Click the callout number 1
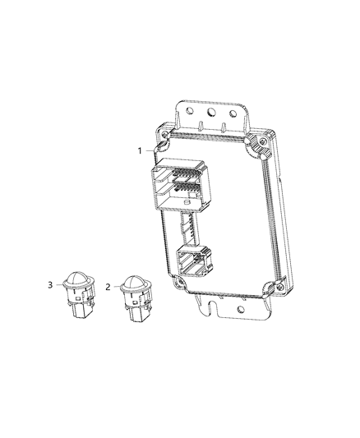(x=141, y=150)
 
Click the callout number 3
(x=50, y=284)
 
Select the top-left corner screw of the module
(x=164, y=133)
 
